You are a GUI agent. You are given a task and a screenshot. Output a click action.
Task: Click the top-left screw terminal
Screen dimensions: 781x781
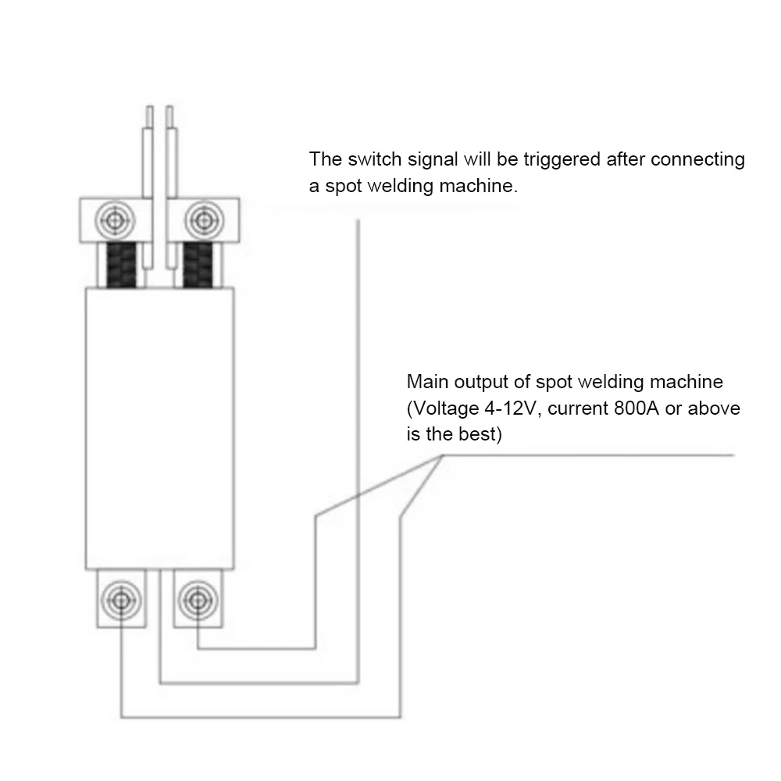116,219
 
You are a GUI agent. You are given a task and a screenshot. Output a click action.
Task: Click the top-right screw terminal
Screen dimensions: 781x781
203,219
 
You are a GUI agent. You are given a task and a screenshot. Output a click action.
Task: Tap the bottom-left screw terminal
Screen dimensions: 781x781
120,599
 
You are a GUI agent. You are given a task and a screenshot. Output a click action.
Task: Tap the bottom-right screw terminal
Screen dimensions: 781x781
196,599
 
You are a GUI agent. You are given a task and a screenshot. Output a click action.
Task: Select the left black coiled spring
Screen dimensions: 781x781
123,264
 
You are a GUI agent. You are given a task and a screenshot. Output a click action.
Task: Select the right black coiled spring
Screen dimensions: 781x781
198,264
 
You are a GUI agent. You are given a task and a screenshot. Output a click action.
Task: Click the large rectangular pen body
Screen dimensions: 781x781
159,426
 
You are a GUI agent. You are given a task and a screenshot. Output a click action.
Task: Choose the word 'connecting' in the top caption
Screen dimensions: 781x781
697,159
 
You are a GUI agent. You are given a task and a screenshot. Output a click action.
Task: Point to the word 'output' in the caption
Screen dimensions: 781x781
483,383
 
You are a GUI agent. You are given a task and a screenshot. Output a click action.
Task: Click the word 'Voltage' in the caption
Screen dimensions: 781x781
441,408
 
